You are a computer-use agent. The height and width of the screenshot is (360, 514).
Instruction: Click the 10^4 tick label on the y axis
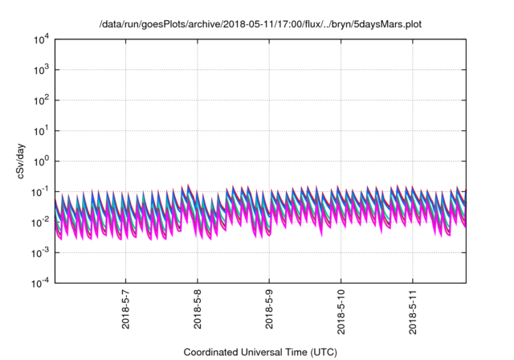(41, 39)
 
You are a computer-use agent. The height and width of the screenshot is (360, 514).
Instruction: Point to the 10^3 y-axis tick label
(41, 70)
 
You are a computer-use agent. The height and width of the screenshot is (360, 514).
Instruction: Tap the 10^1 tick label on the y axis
(41, 130)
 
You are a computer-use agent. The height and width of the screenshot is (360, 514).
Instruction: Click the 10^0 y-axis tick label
(41, 161)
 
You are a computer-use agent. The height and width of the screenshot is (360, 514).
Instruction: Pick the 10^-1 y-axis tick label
(40, 191)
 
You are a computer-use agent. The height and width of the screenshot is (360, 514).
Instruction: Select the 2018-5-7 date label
(127, 311)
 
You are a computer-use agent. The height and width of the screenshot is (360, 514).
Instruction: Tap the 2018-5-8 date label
(198, 311)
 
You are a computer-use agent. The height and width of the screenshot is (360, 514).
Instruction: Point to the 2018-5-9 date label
(270, 311)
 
